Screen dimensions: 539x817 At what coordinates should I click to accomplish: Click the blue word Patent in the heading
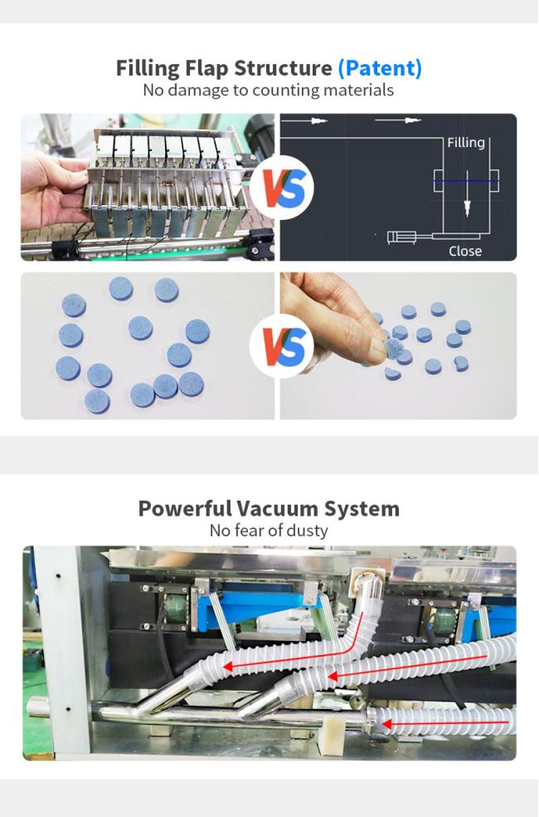(380, 68)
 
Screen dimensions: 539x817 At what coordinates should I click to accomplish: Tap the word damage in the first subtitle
(200, 91)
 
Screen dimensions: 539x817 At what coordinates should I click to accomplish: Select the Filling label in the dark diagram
(466, 142)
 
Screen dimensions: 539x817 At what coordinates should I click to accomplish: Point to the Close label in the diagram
(465, 251)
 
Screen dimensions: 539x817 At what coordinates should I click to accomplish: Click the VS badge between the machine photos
(280, 187)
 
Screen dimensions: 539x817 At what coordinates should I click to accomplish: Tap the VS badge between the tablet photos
(280, 346)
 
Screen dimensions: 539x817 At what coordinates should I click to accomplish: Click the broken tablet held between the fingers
(394, 349)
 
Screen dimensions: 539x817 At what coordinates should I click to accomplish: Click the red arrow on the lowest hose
(445, 722)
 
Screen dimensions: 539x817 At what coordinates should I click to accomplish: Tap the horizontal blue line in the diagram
(467, 181)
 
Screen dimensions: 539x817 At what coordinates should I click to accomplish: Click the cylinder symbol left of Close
(401, 237)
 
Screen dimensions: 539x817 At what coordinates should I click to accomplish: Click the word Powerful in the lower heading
(185, 508)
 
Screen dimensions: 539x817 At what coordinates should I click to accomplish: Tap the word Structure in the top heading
(283, 68)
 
